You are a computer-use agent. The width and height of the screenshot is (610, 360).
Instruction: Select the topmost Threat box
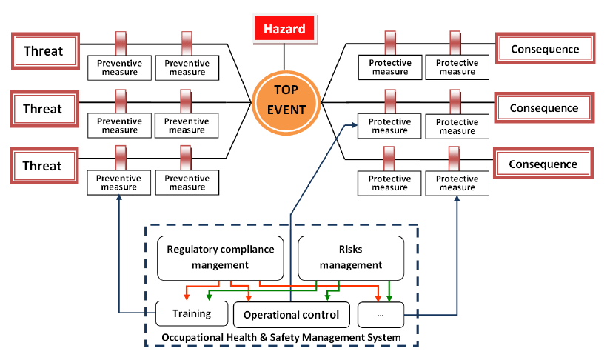coord(43,51)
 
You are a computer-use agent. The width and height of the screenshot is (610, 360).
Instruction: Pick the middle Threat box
coord(43,109)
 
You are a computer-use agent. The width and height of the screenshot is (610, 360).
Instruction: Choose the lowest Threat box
coord(43,165)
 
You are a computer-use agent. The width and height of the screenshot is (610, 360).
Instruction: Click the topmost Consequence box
coord(544,50)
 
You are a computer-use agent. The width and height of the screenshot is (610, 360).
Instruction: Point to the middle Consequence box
coord(544,108)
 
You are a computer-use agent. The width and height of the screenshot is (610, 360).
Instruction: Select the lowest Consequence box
coord(544,164)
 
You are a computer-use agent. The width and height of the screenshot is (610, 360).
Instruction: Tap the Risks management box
coord(351,256)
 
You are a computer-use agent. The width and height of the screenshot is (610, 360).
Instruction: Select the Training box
coord(192,313)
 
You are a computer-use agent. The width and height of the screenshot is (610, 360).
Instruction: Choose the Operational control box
coord(291,314)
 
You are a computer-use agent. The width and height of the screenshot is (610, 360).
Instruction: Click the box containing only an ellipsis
coord(381,315)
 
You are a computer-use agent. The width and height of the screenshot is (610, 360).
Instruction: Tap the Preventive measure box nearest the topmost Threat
coord(120,67)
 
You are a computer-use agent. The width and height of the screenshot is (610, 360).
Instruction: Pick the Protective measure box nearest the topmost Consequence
coord(456,67)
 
